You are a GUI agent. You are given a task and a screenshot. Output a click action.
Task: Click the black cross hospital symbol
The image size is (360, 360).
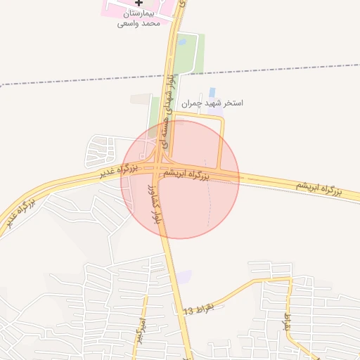tap(139, 3)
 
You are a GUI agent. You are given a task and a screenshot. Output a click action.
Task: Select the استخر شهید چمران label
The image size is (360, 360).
tap(212, 103)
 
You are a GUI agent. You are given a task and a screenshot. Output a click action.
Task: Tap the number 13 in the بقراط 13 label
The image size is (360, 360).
tap(188, 310)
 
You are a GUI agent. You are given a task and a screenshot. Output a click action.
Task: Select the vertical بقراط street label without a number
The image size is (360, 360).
tap(287, 322)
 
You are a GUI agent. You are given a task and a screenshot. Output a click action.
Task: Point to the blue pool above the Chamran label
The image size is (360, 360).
tap(212, 92)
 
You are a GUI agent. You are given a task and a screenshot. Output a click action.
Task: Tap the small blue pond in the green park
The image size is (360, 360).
tap(183, 41)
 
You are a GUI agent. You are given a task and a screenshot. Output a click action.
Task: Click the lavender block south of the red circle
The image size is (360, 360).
tap(184, 277)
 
